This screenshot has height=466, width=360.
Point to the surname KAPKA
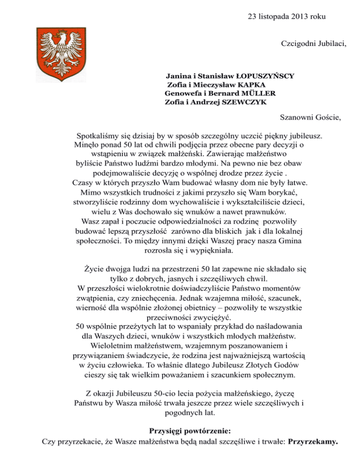pos(251,84)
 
